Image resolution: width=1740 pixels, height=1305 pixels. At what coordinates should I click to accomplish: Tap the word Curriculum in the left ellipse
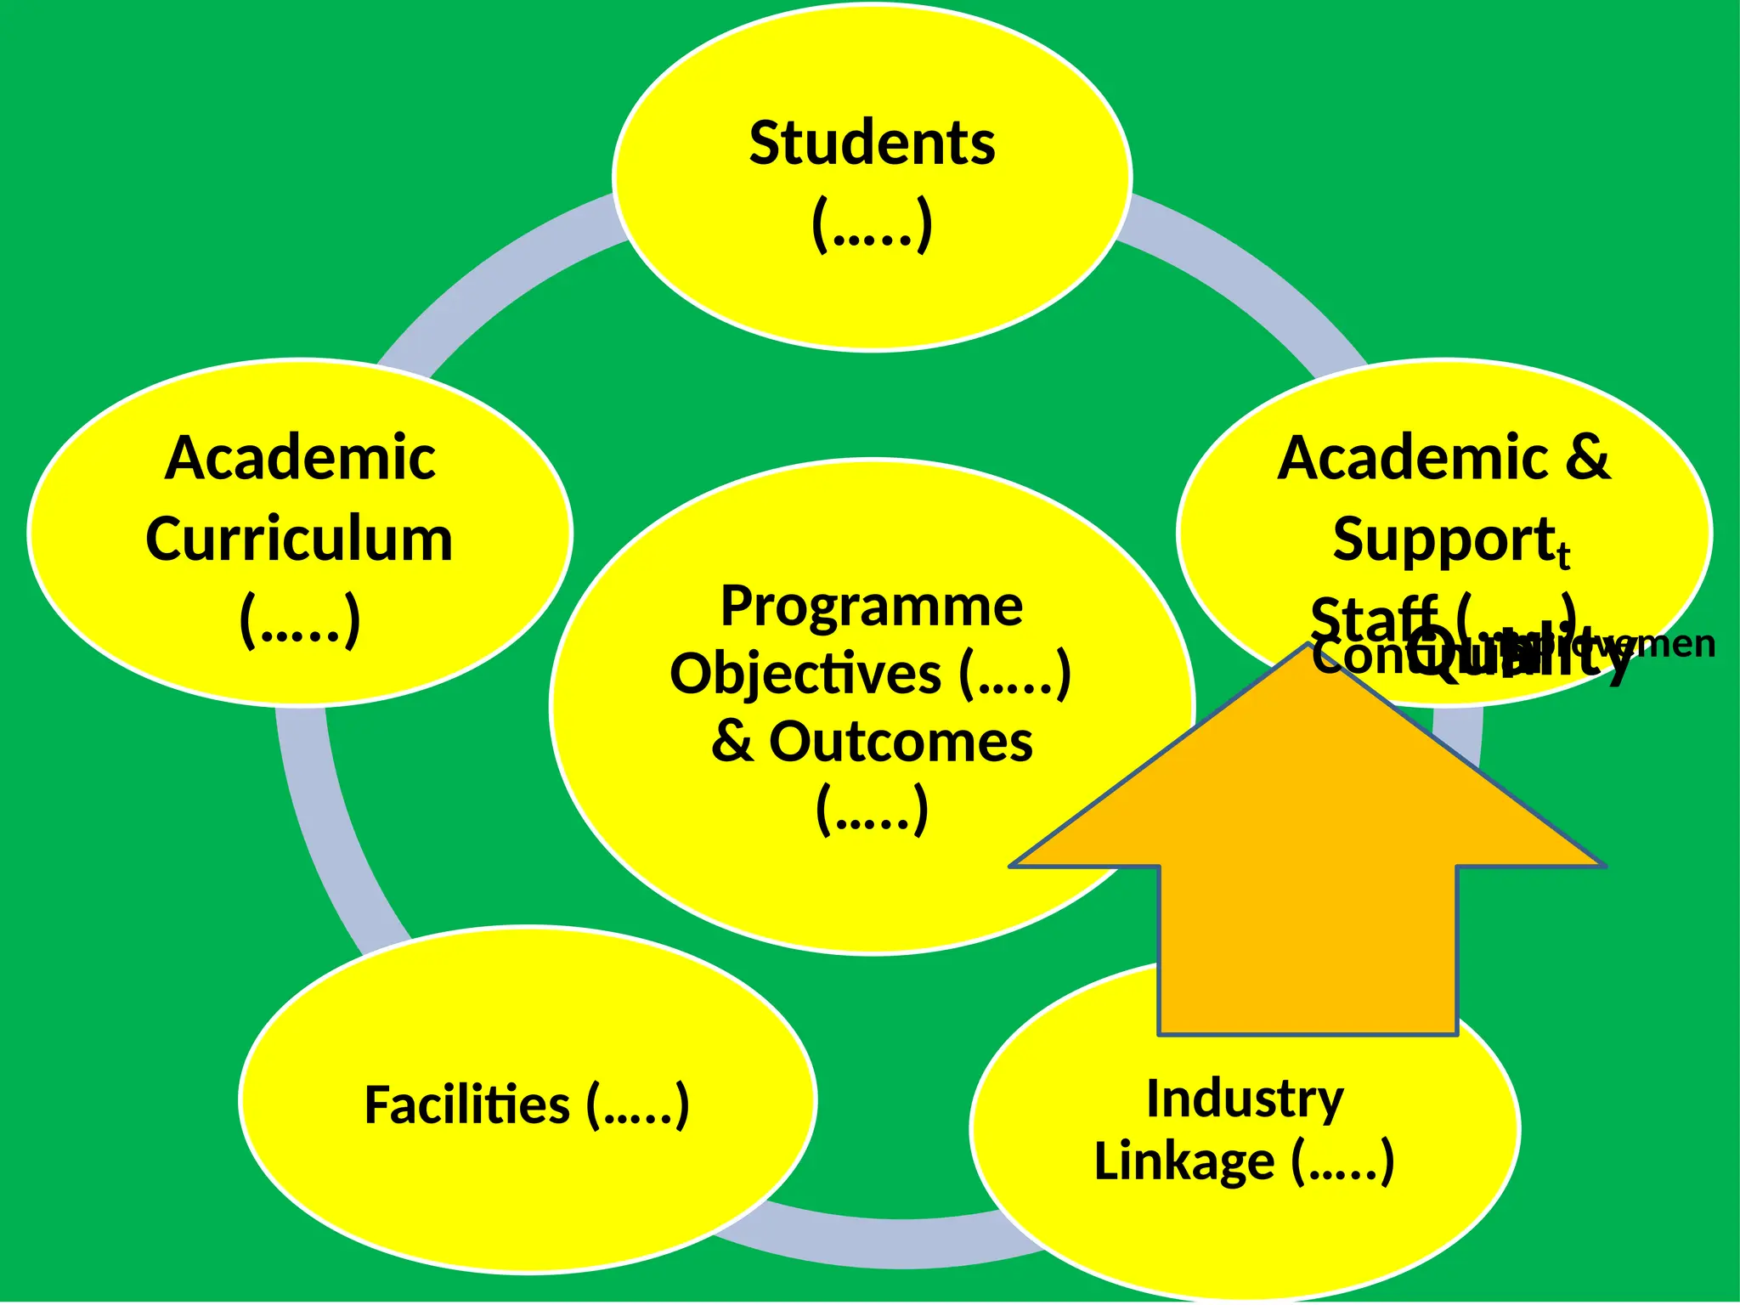tap(299, 540)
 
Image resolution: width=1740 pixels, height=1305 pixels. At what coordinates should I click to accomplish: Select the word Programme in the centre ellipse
tap(872, 607)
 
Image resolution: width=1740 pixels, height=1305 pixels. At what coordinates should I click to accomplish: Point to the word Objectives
tap(805, 675)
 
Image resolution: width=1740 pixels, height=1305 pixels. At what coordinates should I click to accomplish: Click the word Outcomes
tap(901, 742)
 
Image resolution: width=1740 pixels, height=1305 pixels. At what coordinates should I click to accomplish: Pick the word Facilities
tap(466, 1105)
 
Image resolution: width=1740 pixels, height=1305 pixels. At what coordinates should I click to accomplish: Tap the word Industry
tap(1245, 1099)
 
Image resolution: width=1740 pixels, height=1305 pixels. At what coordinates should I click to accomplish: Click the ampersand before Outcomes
tap(732, 742)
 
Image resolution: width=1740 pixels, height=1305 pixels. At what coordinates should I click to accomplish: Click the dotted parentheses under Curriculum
tap(299, 620)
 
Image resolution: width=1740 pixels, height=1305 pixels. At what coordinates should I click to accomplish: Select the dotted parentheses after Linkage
tap(1342, 1161)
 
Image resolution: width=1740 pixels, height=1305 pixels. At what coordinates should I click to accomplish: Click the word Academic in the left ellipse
tap(299, 458)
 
